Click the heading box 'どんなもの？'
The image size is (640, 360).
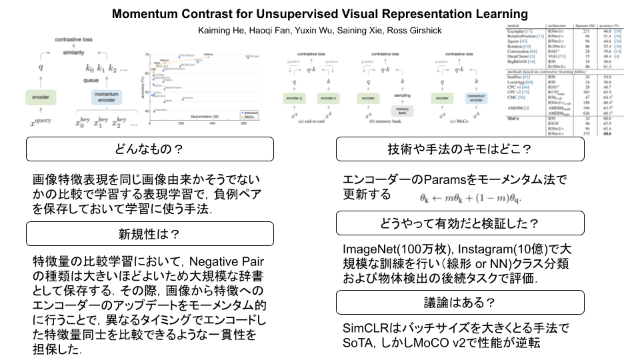150,149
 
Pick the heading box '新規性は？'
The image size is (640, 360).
150,234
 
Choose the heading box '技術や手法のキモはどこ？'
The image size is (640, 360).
460,149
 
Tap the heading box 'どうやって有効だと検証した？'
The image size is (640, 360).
460,223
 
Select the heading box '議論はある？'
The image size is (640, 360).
460,302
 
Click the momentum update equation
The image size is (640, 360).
471,197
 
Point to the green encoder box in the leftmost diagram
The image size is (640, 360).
41,99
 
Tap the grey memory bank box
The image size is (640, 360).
402,110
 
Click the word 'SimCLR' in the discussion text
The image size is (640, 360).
364,329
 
